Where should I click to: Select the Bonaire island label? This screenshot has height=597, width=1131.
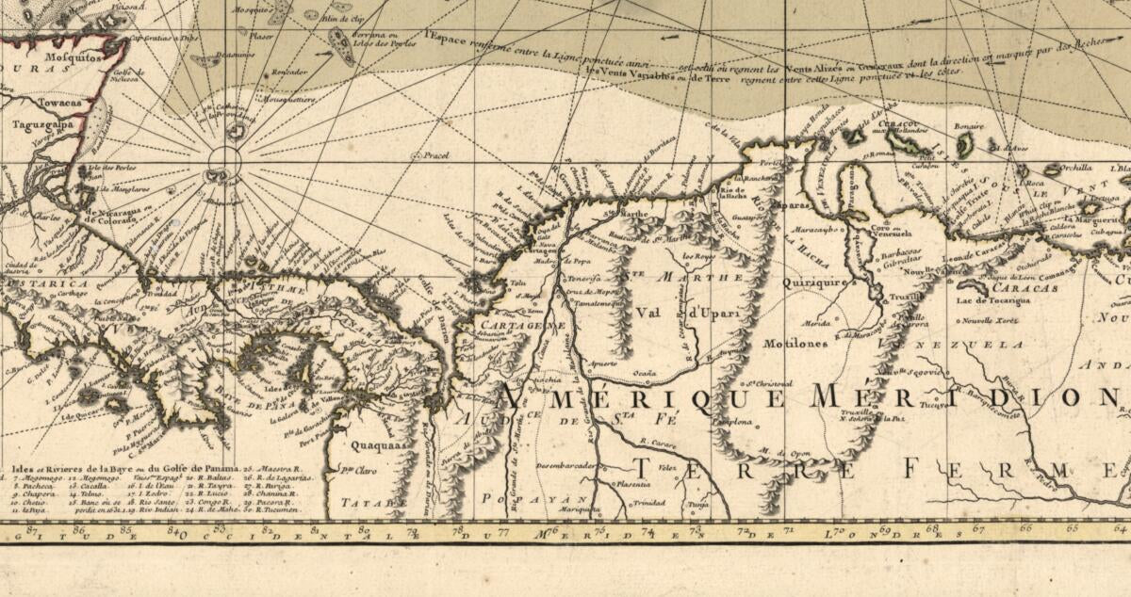coord(967,125)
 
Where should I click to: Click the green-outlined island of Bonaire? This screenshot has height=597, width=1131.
coord(964,145)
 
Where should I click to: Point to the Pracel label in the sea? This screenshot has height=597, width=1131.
coord(435,155)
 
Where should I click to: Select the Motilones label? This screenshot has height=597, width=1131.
coord(795,344)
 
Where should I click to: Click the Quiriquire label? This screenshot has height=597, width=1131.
coord(813,281)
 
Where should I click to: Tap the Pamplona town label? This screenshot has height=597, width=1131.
coord(737,423)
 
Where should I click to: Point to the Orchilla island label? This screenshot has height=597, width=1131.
coord(1074,169)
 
